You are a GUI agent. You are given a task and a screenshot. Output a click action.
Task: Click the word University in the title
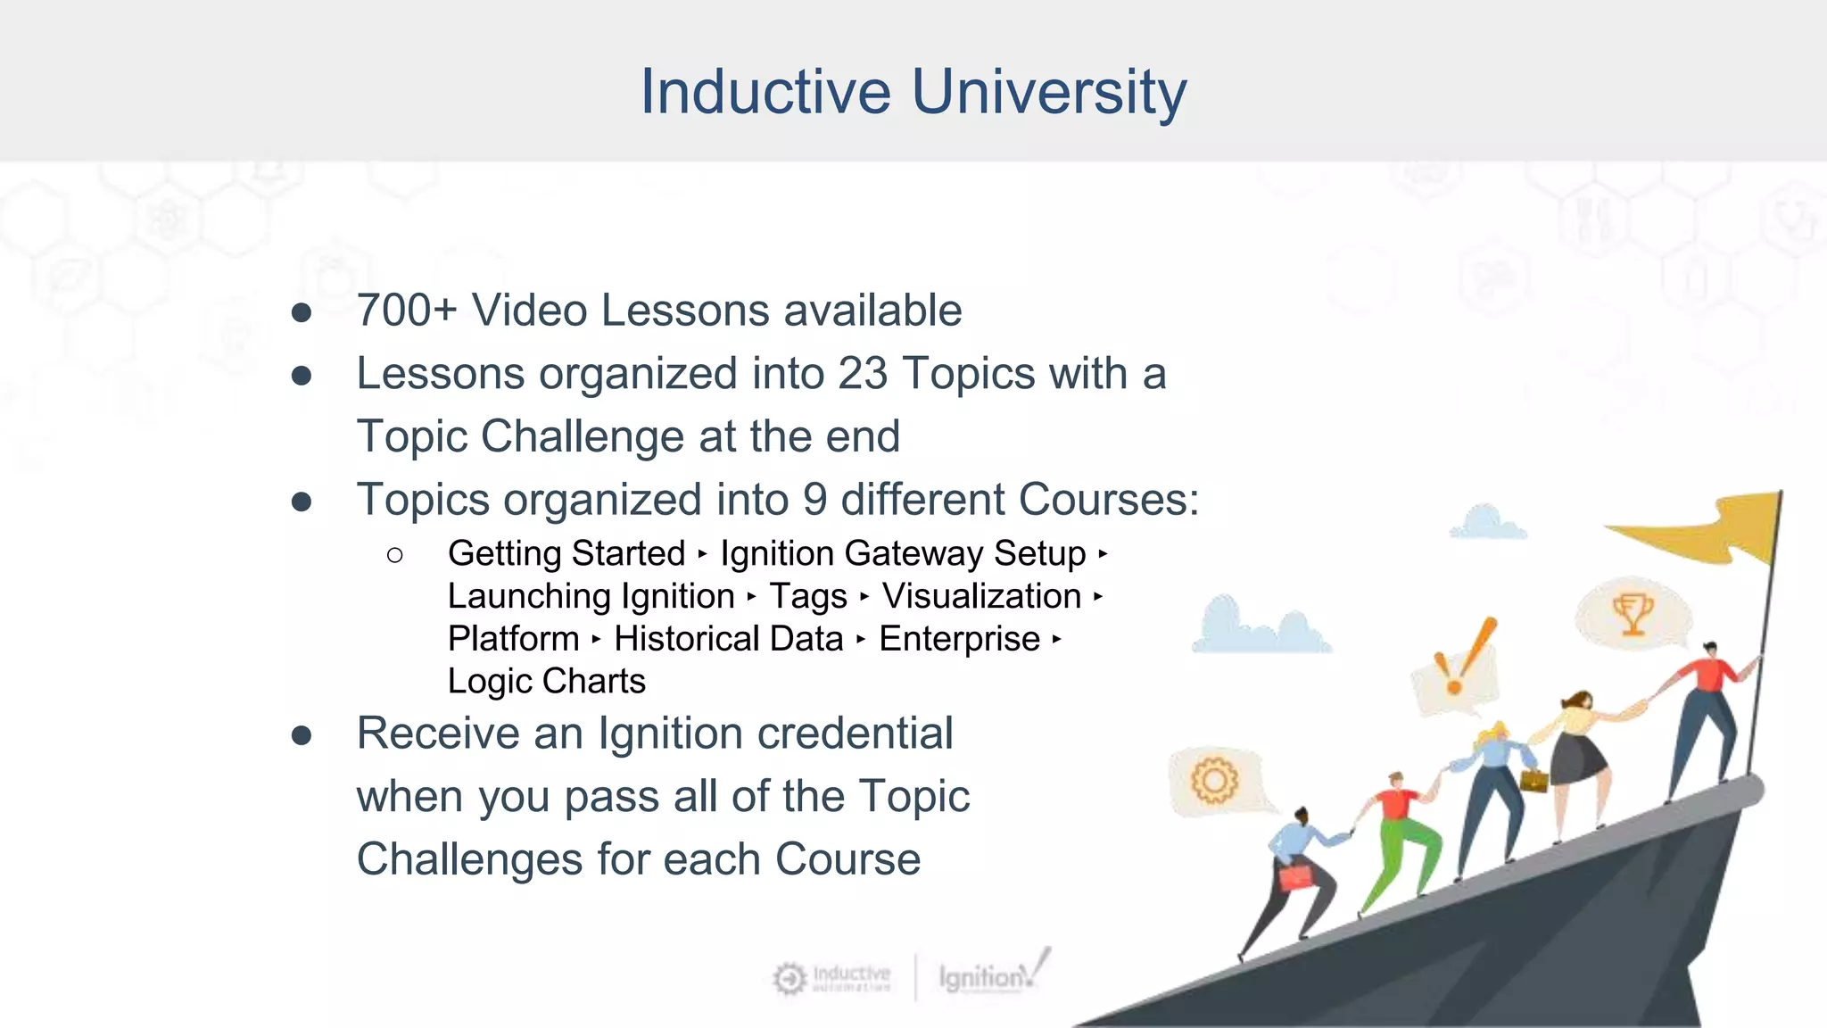1049,92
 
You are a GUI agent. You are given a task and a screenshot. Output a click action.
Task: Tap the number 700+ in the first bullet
407,311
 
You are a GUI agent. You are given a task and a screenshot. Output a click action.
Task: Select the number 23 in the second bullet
863,374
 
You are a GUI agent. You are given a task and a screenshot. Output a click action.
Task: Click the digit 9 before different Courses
814,500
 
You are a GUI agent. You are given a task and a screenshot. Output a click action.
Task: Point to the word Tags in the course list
808,597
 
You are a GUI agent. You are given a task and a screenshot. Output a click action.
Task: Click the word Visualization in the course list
981,597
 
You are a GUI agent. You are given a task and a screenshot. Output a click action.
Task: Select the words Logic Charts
546,682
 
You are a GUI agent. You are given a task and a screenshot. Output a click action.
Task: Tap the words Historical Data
728,639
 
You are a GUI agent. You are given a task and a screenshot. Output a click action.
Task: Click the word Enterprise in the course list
959,639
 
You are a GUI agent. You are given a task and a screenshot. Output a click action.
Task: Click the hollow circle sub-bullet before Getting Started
395,555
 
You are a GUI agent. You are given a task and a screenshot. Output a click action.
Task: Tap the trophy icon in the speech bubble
1633,615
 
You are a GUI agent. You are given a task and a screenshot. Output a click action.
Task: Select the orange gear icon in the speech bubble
1214,781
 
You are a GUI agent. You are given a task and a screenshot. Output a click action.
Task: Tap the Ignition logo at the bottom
990,975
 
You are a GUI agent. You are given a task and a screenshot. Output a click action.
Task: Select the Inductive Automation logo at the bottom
832,978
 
